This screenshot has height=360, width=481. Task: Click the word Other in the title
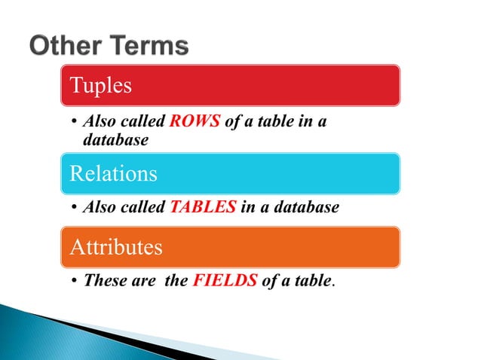(x=67, y=46)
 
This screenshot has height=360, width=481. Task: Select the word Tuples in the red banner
(x=100, y=85)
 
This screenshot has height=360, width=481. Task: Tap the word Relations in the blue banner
(x=113, y=173)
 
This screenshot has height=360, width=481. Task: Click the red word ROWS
(x=195, y=122)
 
